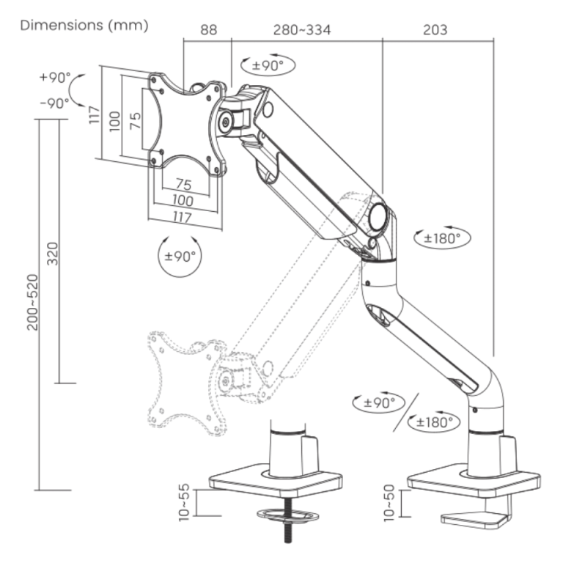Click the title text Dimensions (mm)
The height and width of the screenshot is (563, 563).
(84, 26)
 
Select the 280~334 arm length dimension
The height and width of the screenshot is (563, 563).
(302, 30)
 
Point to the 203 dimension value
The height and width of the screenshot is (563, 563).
(435, 30)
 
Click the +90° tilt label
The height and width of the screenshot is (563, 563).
(55, 77)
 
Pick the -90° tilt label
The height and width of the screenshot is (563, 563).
(55, 103)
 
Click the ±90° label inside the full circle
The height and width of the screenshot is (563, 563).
(179, 257)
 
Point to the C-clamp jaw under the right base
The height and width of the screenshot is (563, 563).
(476, 518)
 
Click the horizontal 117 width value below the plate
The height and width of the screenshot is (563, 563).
(183, 218)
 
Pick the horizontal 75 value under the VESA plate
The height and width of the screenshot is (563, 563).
(183, 184)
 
